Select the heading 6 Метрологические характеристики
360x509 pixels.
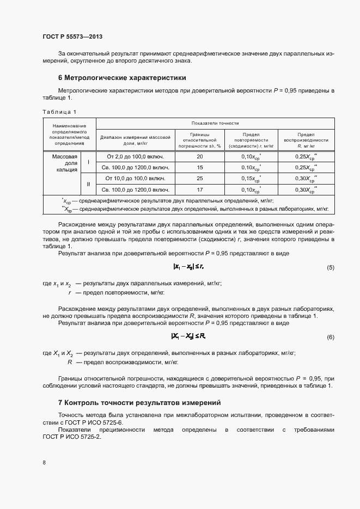[x=122, y=77]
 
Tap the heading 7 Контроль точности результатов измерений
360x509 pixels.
[x=139, y=403]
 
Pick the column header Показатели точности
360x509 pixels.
[x=215, y=123]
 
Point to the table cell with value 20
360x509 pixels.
[x=199, y=157]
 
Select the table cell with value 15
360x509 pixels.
[x=199, y=167]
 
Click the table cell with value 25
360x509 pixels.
[x=199, y=178]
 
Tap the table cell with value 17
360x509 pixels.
[x=199, y=189]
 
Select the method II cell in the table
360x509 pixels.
[x=88, y=183]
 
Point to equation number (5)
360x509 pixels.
[x=330, y=267]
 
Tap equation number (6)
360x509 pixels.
[x=330, y=338]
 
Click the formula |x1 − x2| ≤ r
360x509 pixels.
[x=188, y=266]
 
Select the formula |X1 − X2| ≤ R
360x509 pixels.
[x=188, y=336]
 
